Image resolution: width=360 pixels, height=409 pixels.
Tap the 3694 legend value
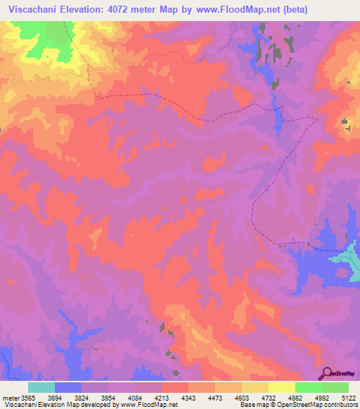[x=56, y=397]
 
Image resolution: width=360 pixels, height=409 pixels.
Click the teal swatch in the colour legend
[x=41, y=387]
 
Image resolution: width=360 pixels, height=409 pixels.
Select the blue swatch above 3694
[x=68, y=387]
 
